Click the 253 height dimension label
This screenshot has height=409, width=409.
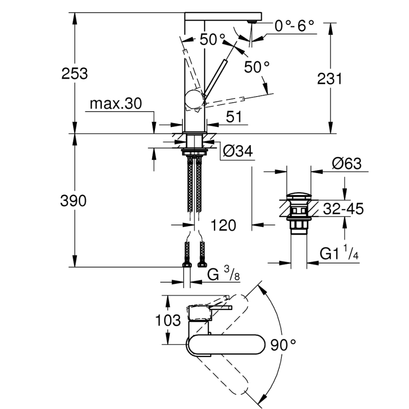point(75,74)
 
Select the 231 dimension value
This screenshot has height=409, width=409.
point(329,79)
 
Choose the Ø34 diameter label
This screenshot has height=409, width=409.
point(237,151)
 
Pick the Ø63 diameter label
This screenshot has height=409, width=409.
point(346,164)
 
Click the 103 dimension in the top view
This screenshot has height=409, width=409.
point(168,321)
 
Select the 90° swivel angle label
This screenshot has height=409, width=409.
point(283,345)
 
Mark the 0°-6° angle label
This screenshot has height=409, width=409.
point(294,26)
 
